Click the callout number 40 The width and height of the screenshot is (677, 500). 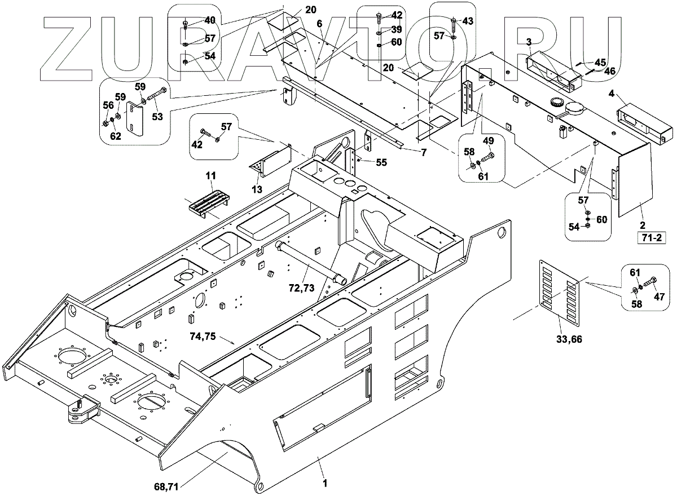(x=209, y=20)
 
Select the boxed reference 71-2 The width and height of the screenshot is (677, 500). (x=650, y=238)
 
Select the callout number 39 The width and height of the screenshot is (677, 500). (x=397, y=29)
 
